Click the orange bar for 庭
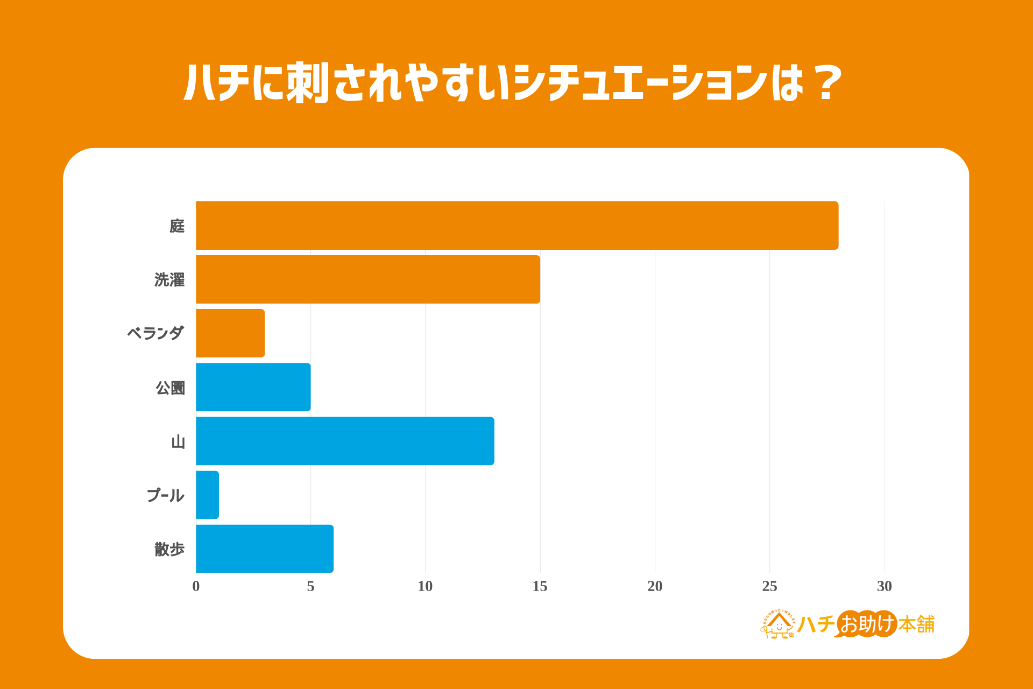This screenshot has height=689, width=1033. point(516,226)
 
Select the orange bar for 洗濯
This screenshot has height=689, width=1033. point(368,279)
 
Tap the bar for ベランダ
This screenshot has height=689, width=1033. point(230,333)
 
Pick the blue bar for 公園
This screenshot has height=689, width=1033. point(253,387)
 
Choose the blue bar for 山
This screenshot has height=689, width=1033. point(345,441)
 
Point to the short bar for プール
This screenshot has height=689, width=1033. point(208,495)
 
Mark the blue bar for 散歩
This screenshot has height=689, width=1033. point(265,549)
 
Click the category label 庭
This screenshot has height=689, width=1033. point(177,226)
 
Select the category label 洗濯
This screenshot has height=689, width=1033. point(169,280)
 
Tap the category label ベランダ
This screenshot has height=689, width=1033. point(155,333)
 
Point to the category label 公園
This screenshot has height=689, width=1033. point(170,388)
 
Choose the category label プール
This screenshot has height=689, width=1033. point(165,495)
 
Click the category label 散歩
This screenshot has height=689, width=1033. point(169,549)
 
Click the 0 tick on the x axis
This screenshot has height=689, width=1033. point(196,586)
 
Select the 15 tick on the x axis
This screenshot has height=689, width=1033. point(540,586)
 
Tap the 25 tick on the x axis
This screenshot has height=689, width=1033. point(769,586)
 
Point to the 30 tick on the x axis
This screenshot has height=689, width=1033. point(884,586)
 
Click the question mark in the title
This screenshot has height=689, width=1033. point(827,83)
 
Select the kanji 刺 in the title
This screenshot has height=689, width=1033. point(307,83)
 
